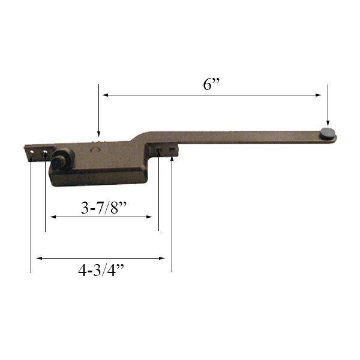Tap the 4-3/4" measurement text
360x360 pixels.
tap(101, 270)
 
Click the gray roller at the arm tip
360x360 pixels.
tap(328, 134)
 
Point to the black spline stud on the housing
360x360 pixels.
tap(60, 161)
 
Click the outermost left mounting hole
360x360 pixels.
tap(31, 153)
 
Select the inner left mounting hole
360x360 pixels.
tap(45, 153)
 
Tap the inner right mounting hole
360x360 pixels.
tap(158, 151)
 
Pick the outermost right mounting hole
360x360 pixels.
tap(172, 150)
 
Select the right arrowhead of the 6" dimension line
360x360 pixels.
tap(320, 95)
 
